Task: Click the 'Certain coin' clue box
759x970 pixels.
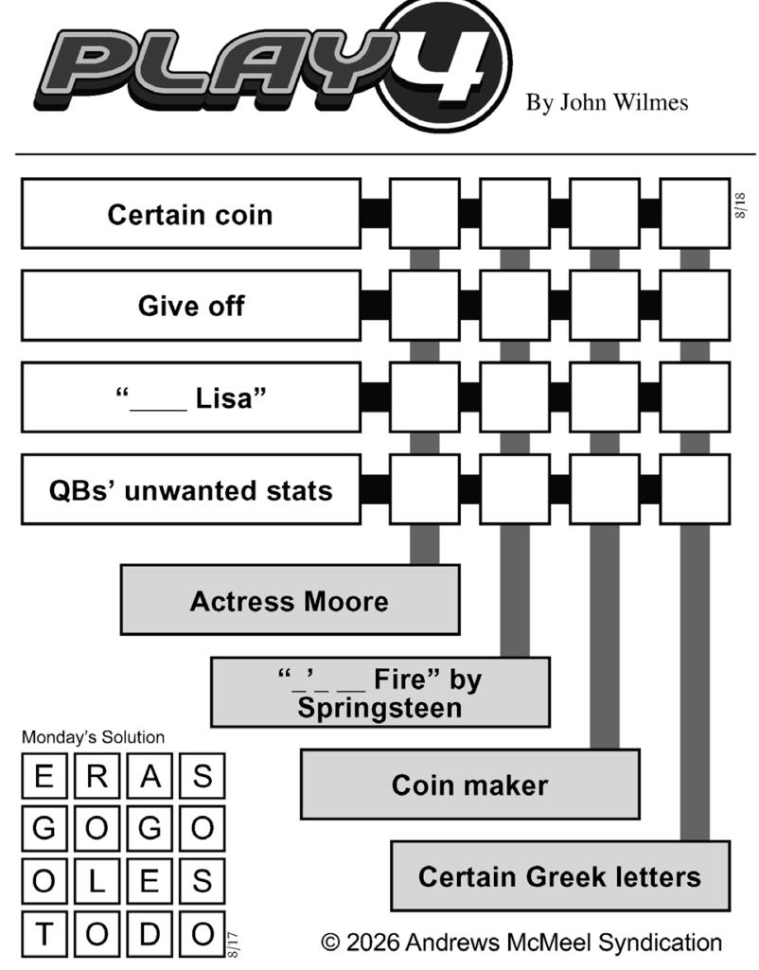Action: click(x=191, y=214)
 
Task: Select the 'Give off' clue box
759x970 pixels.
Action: click(x=191, y=306)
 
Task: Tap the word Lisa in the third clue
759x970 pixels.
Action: click(x=223, y=398)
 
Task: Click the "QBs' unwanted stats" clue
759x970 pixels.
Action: click(x=191, y=490)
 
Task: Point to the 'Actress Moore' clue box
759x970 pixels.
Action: click(x=291, y=600)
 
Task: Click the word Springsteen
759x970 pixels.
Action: click(x=379, y=708)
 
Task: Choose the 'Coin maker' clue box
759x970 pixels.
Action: click(x=470, y=785)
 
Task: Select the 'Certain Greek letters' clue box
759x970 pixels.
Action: click(x=560, y=876)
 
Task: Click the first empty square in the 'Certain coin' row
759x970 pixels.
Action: click(x=425, y=214)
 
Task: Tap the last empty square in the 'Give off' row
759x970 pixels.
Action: click(x=696, y=306)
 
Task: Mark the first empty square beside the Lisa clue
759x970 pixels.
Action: click(x=425, y=397)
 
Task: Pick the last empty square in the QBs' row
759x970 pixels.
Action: click(x=696, y=490)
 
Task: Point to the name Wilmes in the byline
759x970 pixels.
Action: click(x=653, y=103)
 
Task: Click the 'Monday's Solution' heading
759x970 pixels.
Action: click(x=94, y=737)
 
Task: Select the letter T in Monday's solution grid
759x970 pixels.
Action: click(x=44, y=934)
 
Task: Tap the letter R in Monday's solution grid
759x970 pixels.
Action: click(x=97, y=776)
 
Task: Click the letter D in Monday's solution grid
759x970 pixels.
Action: click(x=150, y=934)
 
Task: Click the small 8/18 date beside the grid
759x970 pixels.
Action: click(x=740, y=205)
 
